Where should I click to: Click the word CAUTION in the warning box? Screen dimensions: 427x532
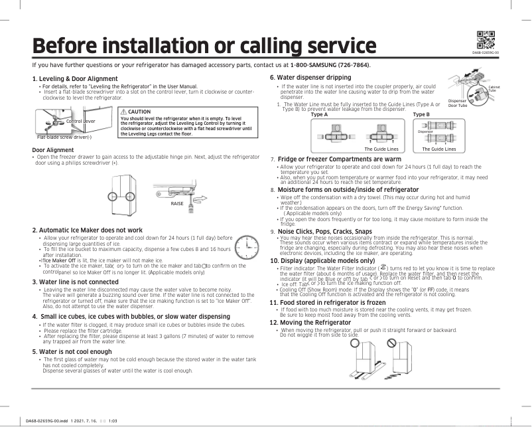click(140, 112)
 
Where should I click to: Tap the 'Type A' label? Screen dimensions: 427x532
click(319, 114)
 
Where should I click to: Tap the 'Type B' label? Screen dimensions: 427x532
click(421, 114)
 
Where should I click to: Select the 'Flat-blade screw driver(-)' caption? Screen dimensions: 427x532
click(63, 137)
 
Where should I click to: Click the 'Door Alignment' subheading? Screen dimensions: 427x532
click(52, 149)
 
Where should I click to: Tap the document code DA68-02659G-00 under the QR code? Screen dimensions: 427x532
click(485, 52)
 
